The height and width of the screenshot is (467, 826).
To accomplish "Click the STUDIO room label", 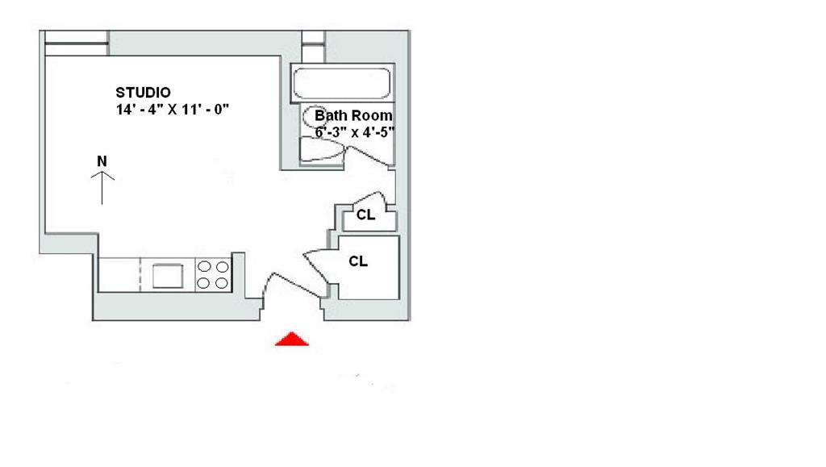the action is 143,92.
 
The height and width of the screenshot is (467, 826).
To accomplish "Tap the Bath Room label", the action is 353,115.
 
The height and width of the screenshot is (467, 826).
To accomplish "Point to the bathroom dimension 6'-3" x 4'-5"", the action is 348,131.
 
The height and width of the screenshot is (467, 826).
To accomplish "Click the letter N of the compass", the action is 102,161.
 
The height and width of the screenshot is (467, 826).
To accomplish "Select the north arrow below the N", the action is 102,188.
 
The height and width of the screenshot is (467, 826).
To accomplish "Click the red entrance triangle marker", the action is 292,339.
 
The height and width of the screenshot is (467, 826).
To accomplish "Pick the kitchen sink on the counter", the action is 167,275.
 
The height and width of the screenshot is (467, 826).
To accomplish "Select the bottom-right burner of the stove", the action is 221,282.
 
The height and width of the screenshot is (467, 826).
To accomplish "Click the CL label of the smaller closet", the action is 365,215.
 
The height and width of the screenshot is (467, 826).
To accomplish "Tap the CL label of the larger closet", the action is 358,261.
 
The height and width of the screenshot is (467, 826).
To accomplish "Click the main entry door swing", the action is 286,286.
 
